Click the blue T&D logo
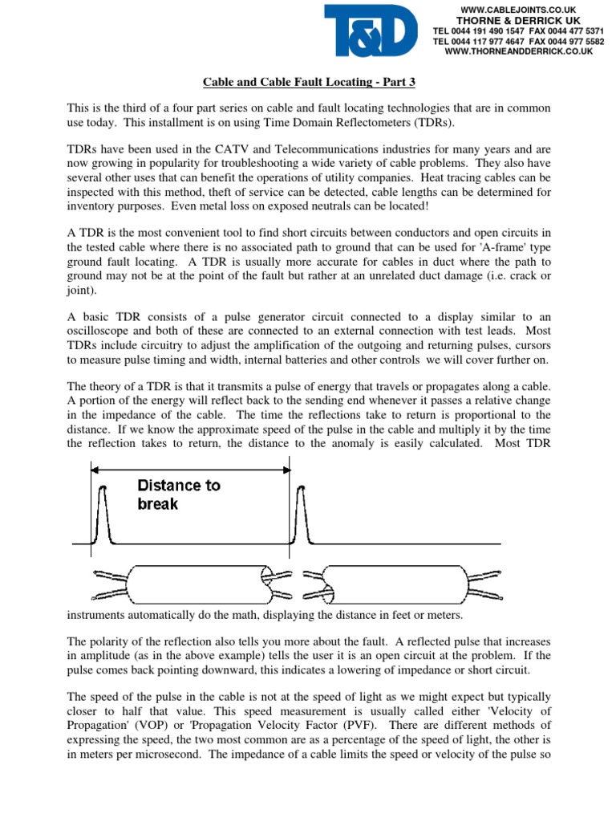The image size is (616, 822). [371, 31]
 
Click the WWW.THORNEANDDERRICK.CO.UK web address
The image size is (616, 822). [518, 51]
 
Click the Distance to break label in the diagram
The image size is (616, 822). [178, 494]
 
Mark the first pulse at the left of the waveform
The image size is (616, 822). [102, 515]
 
